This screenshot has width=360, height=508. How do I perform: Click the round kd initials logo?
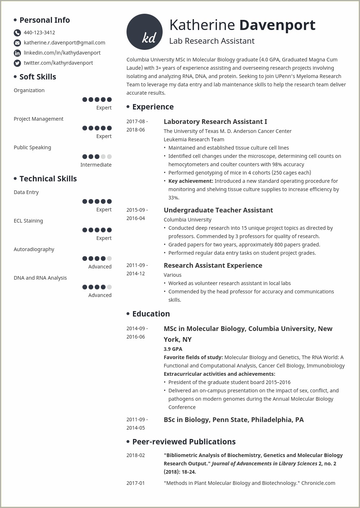coord(144,32)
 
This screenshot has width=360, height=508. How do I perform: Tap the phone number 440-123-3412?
coord(39,33)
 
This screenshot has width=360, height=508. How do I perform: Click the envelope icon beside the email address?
coord(17,43)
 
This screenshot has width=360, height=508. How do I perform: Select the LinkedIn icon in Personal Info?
coord(17,53)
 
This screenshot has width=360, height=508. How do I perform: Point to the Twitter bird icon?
coord(17,63)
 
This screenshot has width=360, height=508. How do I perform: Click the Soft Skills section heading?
coord(38,77)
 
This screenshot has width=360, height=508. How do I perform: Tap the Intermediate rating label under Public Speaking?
coord(96,165)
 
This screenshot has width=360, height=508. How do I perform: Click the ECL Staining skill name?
coord(28,221)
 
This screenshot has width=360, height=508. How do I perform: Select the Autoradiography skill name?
coord(34,249)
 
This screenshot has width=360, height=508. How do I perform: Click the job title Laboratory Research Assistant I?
coord(215,122)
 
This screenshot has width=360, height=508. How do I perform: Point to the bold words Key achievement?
coord(190,181)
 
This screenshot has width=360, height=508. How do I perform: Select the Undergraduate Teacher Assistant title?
coord(218,210)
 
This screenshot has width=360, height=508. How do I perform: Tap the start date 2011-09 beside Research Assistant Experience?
coord(137,265)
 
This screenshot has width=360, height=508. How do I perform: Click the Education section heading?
coord(151,314)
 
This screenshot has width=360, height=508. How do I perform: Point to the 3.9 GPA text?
coord(173,349)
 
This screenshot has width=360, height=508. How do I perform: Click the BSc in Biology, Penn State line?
coord(233,420)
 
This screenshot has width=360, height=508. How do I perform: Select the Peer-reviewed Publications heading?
coord(184,442)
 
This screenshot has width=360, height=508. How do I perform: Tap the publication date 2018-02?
coord(136,455)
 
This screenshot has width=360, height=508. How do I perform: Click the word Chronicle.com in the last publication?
coord(318,483)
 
